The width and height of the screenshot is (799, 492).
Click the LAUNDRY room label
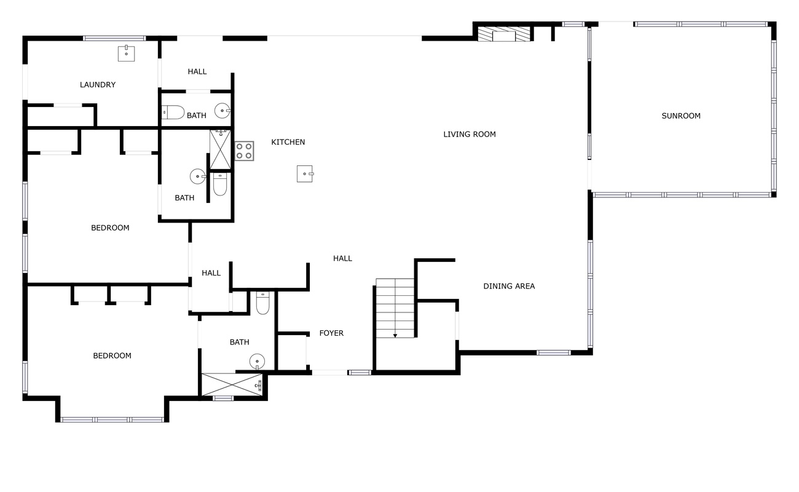coord(98,85)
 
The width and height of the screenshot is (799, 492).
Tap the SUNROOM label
coord(681,116)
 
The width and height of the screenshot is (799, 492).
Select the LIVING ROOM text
coord(470,134)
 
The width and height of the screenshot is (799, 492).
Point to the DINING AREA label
coord(509,286)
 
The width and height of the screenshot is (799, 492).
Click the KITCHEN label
coord(288,142)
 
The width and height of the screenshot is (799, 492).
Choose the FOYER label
coord(331,333)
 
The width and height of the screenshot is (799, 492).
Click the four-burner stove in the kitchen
coord(244,151)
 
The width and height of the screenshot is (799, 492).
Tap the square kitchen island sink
coord(305,174)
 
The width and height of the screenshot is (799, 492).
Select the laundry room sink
coord(126,54)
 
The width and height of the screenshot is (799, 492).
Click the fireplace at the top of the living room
coord(503,34)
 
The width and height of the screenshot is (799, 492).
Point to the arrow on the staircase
coord(395,336)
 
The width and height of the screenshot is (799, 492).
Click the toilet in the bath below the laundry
coord(173,112)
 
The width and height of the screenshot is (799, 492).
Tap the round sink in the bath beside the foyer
coord(257,362)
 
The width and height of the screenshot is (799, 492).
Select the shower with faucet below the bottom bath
coord(232,384)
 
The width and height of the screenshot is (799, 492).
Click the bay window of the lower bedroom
coord(112,419)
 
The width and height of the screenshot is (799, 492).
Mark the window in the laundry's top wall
coord(114,38)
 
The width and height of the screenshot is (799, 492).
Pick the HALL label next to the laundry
coord(197,71)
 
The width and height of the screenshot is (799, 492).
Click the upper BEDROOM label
coord(110,228)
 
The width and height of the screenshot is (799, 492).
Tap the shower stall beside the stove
coord(221,149)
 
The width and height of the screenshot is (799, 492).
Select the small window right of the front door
coord(360,373)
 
